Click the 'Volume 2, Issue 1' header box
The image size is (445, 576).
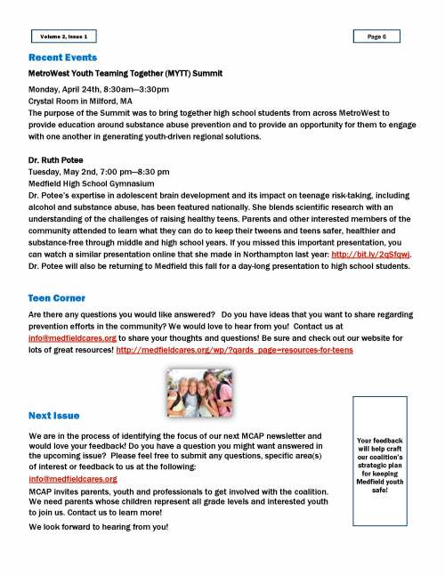pos(63,37)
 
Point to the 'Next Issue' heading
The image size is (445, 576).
pos(53,415)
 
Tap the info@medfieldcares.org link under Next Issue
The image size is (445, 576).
pos(73,478)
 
